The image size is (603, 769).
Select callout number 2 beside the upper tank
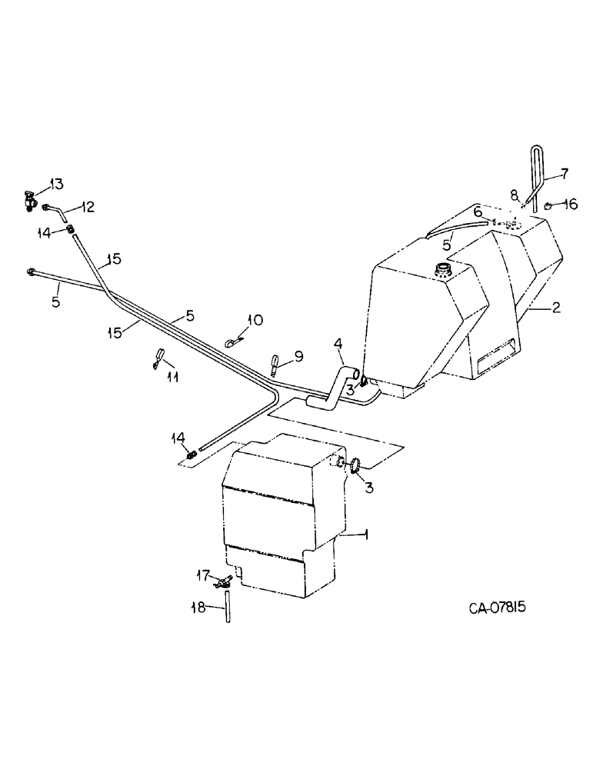point(556,307)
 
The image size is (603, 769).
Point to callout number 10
point(255,319)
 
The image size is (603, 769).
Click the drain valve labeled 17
point(224,584)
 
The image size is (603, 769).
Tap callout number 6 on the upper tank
point(477,211)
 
